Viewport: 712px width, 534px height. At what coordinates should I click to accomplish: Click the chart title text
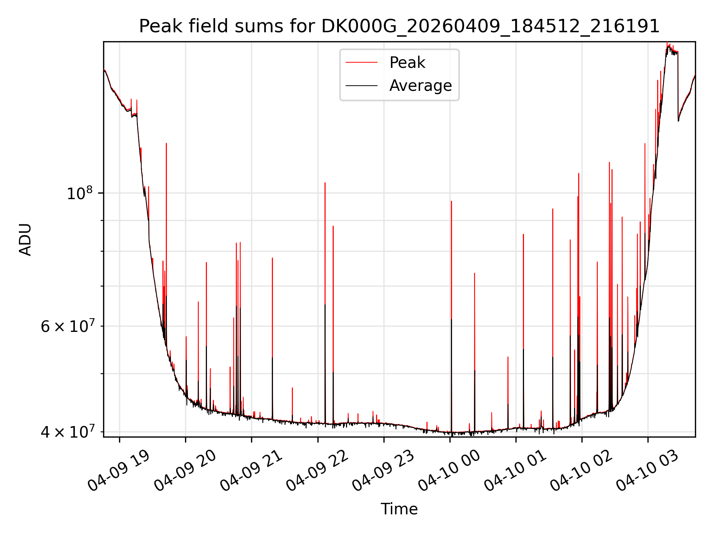tap(399, 26)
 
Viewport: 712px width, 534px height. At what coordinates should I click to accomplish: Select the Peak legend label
tap(407, 63)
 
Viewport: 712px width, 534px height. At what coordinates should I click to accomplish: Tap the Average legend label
tap(421, 86)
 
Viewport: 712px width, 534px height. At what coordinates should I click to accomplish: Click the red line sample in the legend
tap(362, 63)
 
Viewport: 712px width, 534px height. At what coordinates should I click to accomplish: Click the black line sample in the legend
tap(362, 86)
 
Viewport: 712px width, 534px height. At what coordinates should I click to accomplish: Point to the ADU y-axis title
tap(25, 240)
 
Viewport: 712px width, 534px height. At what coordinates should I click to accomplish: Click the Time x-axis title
tap(399, 509)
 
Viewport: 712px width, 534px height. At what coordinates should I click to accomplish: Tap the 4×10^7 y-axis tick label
tap(67, 432)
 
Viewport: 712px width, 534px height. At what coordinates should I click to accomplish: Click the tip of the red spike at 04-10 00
tap(451, 201)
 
